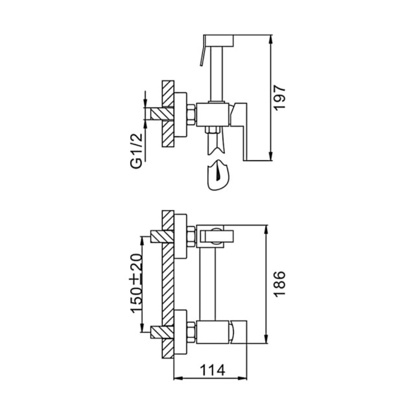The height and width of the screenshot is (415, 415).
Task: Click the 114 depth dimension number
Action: tap(213, 370)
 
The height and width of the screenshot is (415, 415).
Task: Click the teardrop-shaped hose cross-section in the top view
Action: tap(219, 176)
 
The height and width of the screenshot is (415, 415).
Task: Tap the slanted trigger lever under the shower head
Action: tap(202, 59)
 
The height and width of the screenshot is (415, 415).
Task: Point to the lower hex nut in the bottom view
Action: tap(189, 333)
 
